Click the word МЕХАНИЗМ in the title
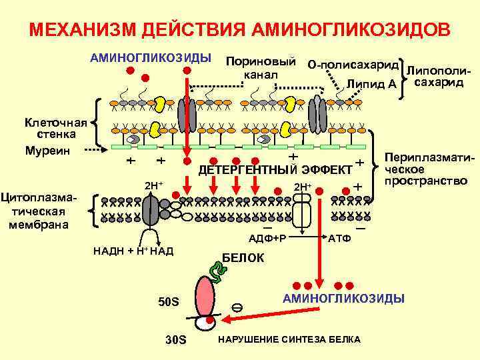[79, 31]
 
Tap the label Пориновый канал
[261, 67]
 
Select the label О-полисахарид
[353, 65]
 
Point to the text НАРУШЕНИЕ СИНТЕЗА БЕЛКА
[289, 340]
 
